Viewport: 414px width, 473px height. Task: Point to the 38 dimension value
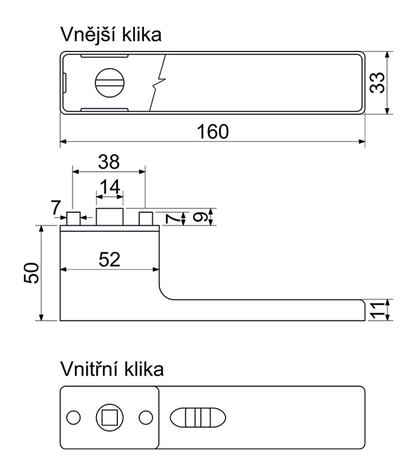click(x=108, y=162)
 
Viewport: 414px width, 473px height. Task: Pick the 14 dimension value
click(x=110, y=187)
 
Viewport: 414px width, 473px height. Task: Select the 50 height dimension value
click(x=33, y=273)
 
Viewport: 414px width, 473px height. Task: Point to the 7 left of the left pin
click(x=56, y=208)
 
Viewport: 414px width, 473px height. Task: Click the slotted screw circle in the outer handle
click(x=111, y=83)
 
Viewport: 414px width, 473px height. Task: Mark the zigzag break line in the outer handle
click(x=159, y=83)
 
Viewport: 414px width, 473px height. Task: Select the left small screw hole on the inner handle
click(x=73, y=417)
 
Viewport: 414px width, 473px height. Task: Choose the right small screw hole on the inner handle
click(x=145, y=417)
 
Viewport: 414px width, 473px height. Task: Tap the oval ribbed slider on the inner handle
click(x=197, y=417)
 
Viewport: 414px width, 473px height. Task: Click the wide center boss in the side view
click(x=110, y=217)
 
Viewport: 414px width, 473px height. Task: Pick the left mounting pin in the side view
click(x=73, y=219)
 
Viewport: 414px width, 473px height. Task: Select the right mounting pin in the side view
click(x=146, y=219)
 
